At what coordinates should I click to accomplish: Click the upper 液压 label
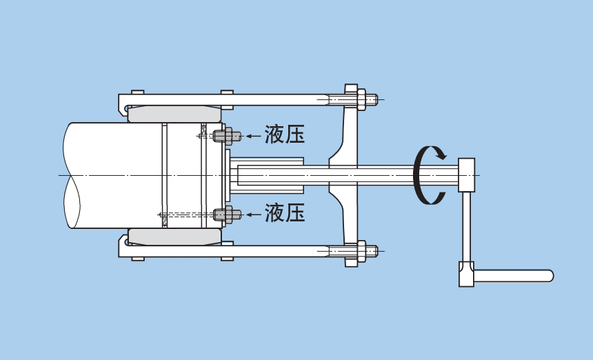[x=285, y=134]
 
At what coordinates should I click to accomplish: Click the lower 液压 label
[x=285, y=213]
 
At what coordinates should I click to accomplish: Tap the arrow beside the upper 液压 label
[x=254, y=136]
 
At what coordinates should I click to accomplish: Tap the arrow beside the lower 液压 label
[x=254, y=214]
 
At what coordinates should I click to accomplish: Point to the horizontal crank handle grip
[x=514, y=276]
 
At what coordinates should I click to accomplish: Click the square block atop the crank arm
[x=467, y=174]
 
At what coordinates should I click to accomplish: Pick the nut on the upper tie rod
[x=361, y=99]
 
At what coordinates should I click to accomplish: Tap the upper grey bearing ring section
[x=174, y=114]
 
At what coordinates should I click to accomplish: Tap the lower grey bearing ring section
[x=174, y=237]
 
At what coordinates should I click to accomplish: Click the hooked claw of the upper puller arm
[x=123, y=107]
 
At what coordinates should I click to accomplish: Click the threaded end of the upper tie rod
[x=372, y=99]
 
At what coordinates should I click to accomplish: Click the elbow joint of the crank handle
[x=467, y=274]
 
